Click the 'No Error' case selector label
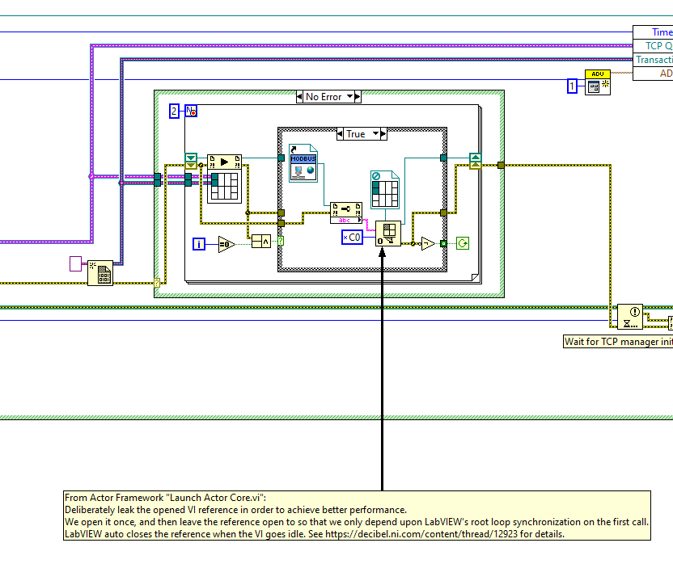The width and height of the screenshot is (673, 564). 324,97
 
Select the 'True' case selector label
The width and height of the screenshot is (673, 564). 356,134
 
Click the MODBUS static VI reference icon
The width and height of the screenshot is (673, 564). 303,164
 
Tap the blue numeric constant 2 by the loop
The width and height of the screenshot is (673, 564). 174,112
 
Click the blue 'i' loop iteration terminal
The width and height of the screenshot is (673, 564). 200,243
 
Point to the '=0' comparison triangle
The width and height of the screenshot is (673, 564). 226,243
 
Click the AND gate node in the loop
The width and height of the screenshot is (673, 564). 260,241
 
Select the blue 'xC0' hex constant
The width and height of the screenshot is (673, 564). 352,238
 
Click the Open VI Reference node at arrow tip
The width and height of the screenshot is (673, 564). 387,234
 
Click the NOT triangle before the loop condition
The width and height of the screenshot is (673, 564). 428,242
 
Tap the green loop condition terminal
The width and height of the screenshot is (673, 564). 463,242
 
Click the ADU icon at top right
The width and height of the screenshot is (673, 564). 598,83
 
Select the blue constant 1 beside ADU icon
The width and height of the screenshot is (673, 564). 573,86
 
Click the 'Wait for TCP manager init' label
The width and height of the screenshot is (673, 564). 616,342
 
